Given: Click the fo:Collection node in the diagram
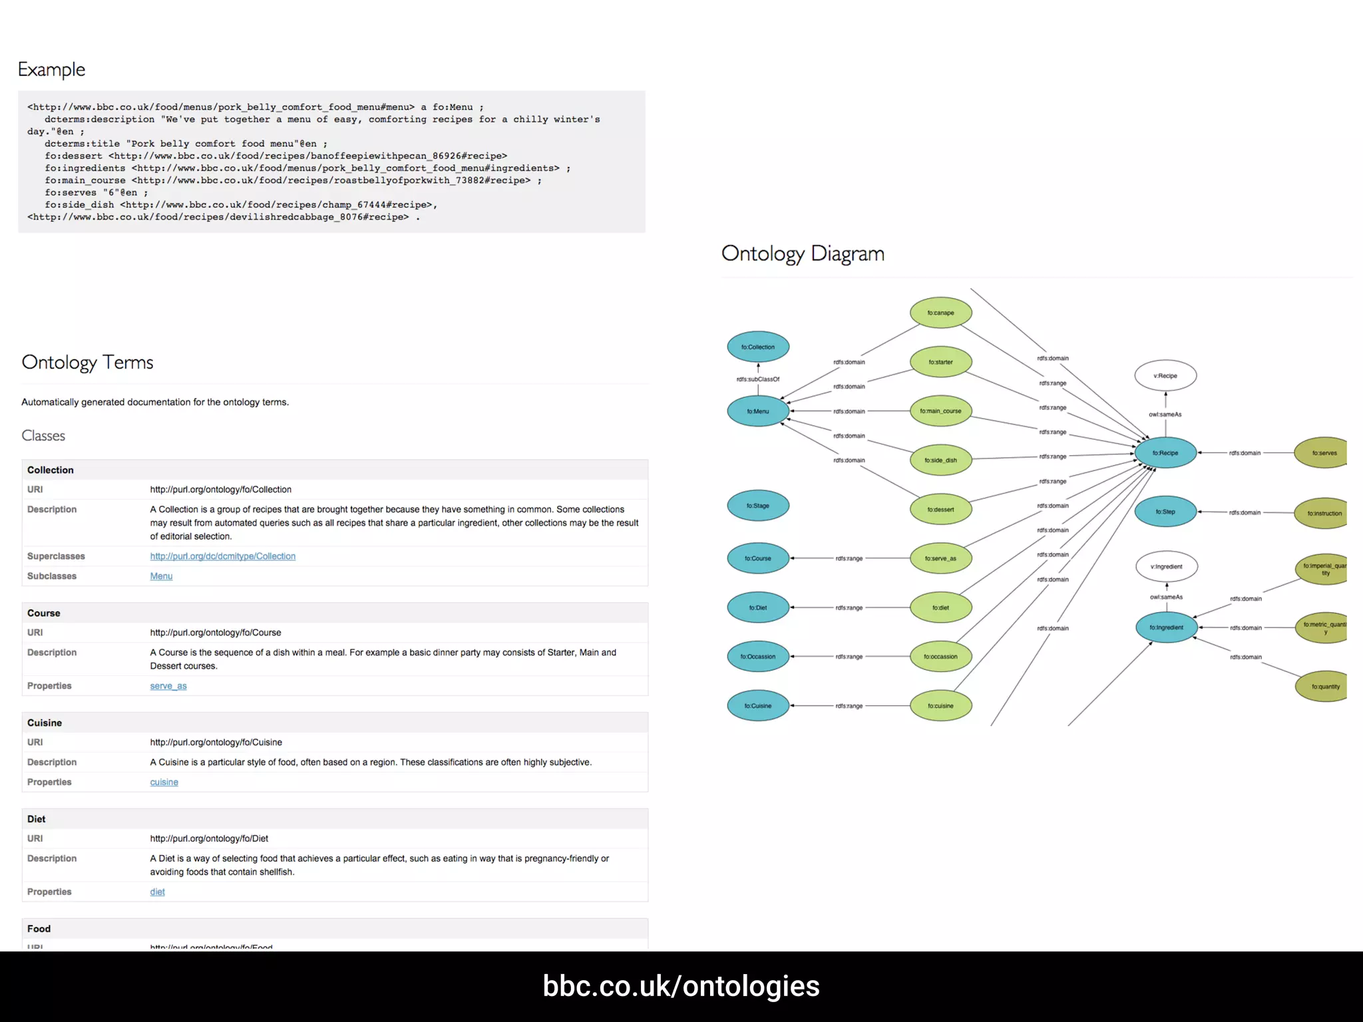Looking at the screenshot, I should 758,347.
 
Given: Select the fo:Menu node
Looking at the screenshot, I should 758,411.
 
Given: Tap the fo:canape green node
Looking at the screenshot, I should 940,313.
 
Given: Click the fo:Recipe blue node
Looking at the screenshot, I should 1165,453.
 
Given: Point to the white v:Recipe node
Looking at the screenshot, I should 1165,376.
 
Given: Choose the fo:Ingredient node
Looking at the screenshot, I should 1166,627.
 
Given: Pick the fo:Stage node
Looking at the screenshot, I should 758,506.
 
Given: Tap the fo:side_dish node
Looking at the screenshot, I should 940,460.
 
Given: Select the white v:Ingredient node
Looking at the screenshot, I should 1167,567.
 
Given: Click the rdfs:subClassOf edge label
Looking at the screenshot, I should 758,379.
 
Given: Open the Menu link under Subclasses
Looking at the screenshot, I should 161,576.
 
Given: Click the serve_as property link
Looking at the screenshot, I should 168,686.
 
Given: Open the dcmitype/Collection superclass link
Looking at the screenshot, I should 222,556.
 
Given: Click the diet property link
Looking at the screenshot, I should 157,892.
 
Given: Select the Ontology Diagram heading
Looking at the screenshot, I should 803,254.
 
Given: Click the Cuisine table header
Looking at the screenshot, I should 45,723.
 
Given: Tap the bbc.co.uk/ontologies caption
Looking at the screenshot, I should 681,986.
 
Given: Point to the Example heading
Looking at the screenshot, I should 52,69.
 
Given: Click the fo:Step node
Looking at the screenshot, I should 1165,512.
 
